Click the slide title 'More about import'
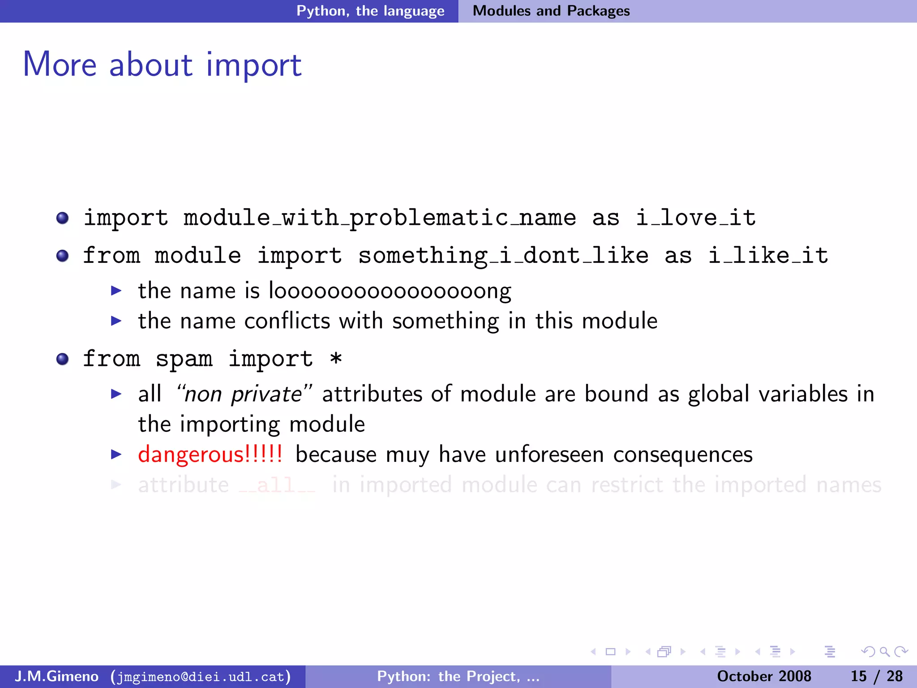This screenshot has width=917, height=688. pyautogui.click(x=162, y=64)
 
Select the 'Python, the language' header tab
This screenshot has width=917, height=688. pyautogui.click(x=370, y=11)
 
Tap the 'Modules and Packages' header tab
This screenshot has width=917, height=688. pyautogui.click(x=551, y=11)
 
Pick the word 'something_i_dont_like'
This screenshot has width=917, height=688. pyautogui.click(x=503, y=256)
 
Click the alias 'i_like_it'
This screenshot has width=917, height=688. pyautogui.click(x=768, y=256)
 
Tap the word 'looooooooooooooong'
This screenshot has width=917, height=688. pyautogui.click(x=390, y=291)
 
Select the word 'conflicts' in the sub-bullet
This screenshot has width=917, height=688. pyautogui.click(x=287, y=321)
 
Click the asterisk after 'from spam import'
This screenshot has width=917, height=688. pyautogui.click(x=336, y=359)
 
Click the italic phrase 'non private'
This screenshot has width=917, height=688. pyautogui.click(x=243, y=395)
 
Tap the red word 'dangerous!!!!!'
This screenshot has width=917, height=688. pyautogui.click(x=210, y=455)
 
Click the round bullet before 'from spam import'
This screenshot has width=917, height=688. pyautogui.click(x=63, y=359)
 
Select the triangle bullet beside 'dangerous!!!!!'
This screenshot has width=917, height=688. pyautogui.click(x=116, y=455)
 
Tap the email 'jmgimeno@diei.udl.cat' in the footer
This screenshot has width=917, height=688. pyautogui.click(x=201, y=676)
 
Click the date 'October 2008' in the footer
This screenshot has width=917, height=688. pyautogui.click(x=764, y=676)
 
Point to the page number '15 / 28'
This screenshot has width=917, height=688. pyautogui.click(x=876, y=676)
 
